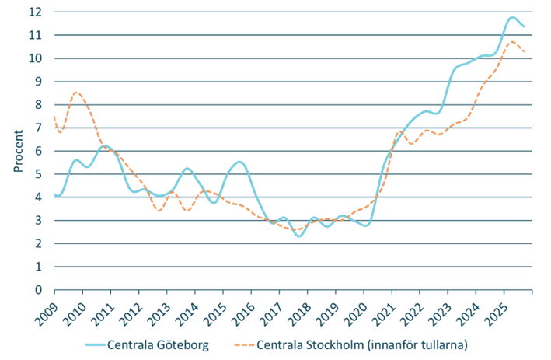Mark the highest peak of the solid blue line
[x=513, y=17]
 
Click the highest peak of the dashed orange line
[x=512, y=41]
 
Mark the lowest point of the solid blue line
[x=300, y=236]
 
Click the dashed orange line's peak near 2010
[x=75, y=92]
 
